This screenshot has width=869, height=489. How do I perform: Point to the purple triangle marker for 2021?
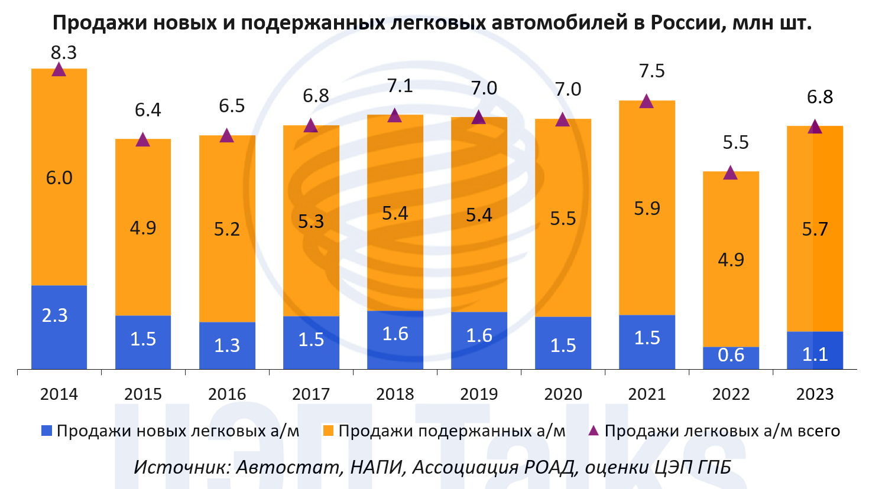pyautogui.click(x=647, y=102)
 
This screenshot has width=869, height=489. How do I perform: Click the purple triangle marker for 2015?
pyautogui.click(x=142, y=140)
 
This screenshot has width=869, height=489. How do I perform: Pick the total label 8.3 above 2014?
pyautogui.click(x=64, y=53)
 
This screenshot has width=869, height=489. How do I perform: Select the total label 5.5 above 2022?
pyautogui.click(x=735, y=142)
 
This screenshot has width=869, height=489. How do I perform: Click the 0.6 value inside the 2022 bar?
pyautogui.click(x=731, y=355)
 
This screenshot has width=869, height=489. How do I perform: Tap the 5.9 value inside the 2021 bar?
pyautogui.click(x=647, y=208)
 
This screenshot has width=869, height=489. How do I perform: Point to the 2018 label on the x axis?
pyautogui.click(x=395, y=394)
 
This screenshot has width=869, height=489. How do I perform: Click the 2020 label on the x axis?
pyautogui.click(x=563, y=394)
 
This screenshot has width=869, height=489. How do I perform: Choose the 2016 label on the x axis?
pyautogui.click(x=227, y=394)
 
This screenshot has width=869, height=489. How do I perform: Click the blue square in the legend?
pyautogui.click(x=47, y=431)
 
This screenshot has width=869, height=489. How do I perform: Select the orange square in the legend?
pyautogui.click(x=328, y=431)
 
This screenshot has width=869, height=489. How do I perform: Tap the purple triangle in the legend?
pyautogui.click(x=594, y=431)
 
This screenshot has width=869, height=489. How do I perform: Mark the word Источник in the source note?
pyautogui.click(x=181, y=467)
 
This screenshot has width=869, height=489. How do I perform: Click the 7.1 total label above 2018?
pyautogui.click(x=400, y=86)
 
